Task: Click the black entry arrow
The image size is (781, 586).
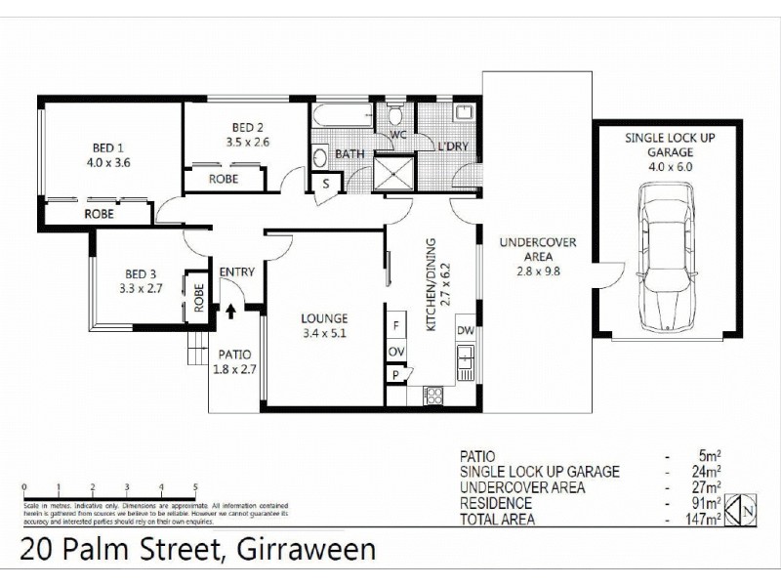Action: [x=231, y=312]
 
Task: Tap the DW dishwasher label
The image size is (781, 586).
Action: [x=466, y=330]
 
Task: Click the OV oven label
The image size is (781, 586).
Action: [x=396, y=352]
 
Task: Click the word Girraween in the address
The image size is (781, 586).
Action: [x=304, y=550]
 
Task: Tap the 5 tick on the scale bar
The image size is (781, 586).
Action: [x=195, y=485]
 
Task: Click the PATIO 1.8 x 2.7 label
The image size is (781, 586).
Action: [x=233, y=361]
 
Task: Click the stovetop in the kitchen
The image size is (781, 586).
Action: [x=432, y=397]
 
